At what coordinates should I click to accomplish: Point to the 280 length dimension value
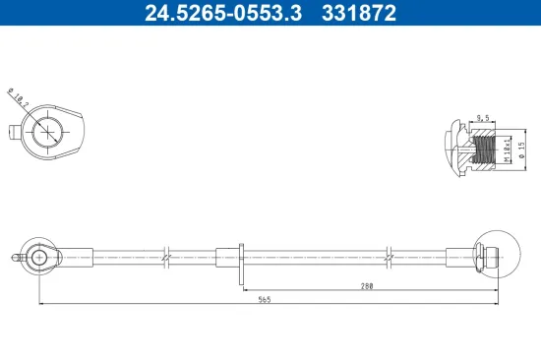366,285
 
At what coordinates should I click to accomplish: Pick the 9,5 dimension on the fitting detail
483,117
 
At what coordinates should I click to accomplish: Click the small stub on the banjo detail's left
12,132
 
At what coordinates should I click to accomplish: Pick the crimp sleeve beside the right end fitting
460,258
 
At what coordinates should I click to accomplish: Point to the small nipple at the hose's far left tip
13,258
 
